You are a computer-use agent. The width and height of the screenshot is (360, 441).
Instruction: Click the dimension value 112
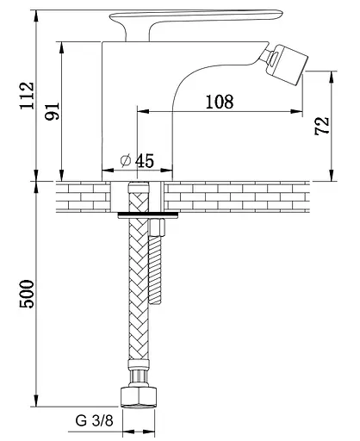[x=27, y=96]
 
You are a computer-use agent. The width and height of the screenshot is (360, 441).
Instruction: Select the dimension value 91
[x=53, y=111]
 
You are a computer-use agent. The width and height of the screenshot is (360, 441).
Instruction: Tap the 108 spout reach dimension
[x=220, y=102]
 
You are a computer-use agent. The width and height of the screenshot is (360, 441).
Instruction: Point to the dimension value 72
[x=322, y=126]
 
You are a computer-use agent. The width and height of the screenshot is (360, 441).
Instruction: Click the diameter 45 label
[x=138, y=160]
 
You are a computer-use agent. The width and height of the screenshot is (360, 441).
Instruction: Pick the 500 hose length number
[x=27, y=294]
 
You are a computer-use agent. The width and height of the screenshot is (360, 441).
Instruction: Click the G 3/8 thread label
[x=95, y=421]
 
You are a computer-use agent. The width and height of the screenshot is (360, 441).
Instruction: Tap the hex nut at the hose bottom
[x=139, y=397]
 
